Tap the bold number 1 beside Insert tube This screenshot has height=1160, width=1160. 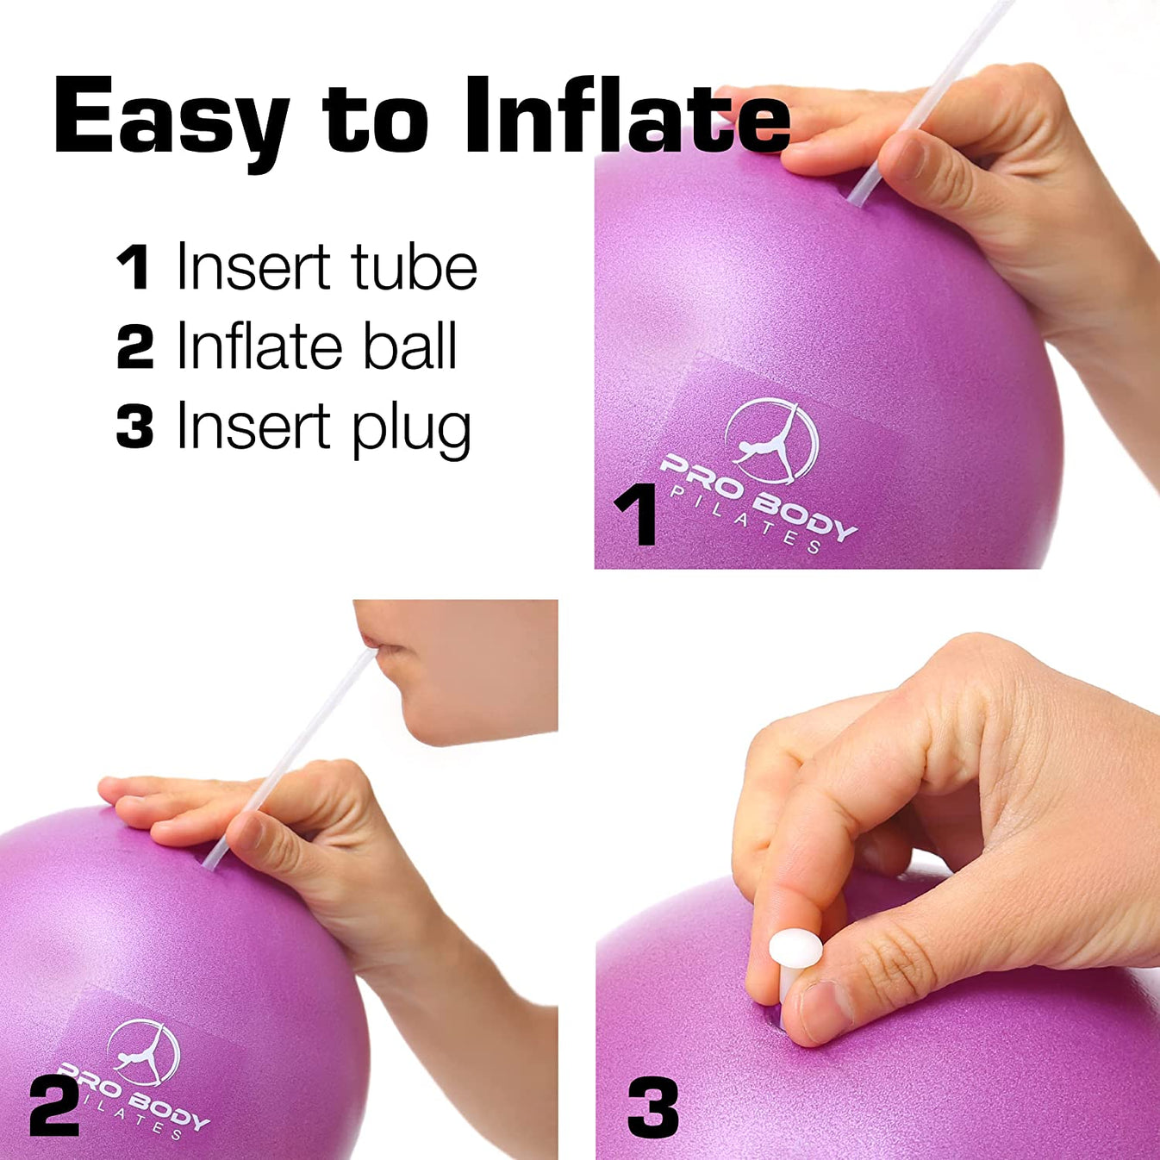(134, 267)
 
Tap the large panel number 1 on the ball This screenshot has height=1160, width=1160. (636, 515)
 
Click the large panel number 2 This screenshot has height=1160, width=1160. (53, 1105)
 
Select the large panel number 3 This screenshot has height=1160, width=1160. (652, 1108)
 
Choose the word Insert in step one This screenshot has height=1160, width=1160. (253, 267)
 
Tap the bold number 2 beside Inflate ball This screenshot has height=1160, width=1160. (134, 347)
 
